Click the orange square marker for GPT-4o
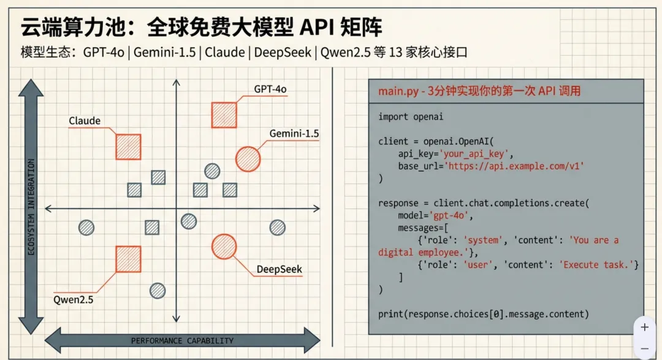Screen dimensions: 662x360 (224, 115)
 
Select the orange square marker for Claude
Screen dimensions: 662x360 (129, 147)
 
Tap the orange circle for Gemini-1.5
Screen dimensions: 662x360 (248, 159)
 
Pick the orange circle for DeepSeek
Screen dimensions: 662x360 (224, 246)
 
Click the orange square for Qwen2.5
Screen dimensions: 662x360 (128, 259)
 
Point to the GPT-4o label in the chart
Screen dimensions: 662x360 (270, 89)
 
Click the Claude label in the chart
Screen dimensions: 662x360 (85, 121)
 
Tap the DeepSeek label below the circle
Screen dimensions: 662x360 (279, 269)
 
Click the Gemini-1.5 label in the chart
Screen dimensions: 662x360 (294, 134)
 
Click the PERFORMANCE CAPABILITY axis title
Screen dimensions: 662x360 (182, 340)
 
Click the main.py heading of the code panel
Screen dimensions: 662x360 (479, 91)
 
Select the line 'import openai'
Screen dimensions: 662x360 (410, 117)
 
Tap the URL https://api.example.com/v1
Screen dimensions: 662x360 (514, 166)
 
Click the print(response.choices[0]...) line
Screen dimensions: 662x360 (483, 314)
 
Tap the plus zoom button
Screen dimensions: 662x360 (644, 327)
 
